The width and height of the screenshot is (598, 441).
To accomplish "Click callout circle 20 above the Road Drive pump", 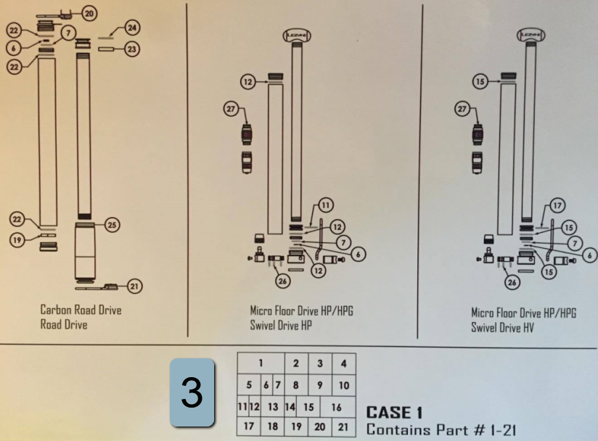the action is click(x=89, y=14).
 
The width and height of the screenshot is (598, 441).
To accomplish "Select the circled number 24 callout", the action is click(x=132, y=28).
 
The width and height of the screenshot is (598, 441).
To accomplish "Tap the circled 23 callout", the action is click(x=132, y=49).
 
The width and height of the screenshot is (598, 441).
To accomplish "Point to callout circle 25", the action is click(x=112, y=225).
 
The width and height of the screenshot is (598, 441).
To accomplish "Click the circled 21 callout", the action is click(x=134, y=287).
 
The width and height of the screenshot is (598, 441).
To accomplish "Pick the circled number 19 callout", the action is click(x=17, y=240).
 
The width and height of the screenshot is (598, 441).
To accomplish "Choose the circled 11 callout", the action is click(x=325, y=205).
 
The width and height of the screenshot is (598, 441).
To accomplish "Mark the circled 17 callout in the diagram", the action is click(x=557, y=206).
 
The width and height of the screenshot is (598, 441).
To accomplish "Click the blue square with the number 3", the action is click(x=192, y=392).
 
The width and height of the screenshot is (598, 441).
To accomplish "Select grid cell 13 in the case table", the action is click(x=273, y=407).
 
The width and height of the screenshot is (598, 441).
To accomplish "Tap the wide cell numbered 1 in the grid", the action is click(x=261, y=363).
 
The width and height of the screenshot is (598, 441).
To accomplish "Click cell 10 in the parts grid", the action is click(x=344, y=385).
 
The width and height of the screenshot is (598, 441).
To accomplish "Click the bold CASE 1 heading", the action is click(x=394, y=413).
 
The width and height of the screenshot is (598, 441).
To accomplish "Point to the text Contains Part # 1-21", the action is click(x=441, y=430).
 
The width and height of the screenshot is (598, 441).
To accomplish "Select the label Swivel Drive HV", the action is click(x=502, y=327).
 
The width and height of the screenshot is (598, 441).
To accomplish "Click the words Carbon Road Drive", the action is click(x=81, y=310).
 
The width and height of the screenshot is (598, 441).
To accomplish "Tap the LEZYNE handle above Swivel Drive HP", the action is click(x=297, y=36).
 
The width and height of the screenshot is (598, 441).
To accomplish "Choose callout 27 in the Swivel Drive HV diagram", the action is click(x=462, y=110).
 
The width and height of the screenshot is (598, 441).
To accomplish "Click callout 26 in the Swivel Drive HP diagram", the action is click(x=282, y=281).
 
